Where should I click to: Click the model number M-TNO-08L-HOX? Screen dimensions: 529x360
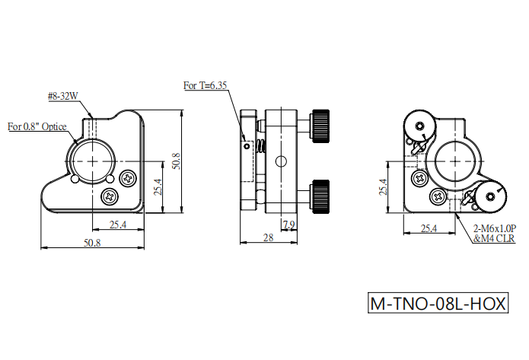coord(438,303)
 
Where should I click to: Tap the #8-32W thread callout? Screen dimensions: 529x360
coord(62,96)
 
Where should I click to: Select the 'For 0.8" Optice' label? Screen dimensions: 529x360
coord(37,126)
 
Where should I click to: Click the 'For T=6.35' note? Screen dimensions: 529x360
coord(205,85)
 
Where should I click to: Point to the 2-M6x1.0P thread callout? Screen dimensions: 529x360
coord(495,228)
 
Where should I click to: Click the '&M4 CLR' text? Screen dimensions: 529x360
coord(495,238)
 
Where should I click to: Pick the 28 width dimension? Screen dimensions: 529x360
coord(268,237)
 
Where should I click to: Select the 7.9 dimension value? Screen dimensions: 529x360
coord(289,225)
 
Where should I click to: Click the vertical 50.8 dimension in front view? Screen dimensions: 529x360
coord(176,161)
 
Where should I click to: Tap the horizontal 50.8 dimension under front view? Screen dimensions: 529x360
coord(92,243)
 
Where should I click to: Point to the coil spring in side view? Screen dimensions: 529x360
coord(262,147)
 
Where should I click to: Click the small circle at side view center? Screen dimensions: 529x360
coord(281,161)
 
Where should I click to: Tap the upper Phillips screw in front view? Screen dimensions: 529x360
coord(129,178)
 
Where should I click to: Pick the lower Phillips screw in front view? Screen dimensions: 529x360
coord(110,196)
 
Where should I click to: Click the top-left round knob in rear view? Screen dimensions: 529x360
coord(419,126)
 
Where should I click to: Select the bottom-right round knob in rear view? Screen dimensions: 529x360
coord(490,196)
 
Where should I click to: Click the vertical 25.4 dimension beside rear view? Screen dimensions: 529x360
coord(383,187)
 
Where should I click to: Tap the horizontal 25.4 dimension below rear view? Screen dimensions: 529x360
coord(429,228)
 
